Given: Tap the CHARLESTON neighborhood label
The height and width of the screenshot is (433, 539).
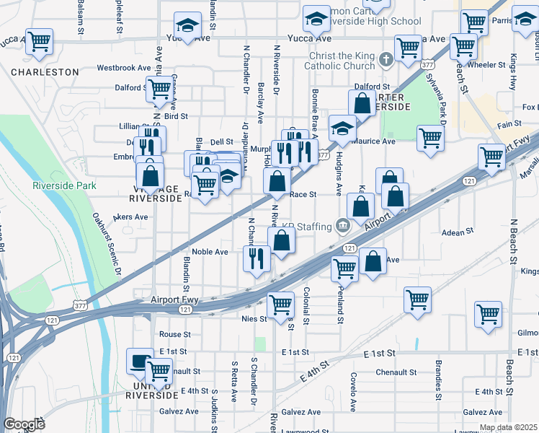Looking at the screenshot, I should (45, 72).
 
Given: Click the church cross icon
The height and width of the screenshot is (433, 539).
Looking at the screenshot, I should (387, 57).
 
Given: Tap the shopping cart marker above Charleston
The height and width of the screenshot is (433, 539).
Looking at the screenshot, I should (39, 41).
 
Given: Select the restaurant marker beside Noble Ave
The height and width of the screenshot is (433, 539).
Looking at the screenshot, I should (256, 258).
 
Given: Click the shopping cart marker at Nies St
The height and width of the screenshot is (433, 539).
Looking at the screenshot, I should (280, 304).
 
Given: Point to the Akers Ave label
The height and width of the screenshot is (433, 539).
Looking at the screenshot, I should (130, 216).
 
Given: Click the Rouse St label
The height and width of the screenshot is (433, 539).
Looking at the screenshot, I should (174, 334).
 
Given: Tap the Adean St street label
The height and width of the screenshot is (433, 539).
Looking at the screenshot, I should (456, 232).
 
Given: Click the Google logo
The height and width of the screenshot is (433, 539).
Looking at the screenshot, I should (24, 424).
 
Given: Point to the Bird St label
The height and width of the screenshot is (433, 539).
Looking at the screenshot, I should (176, 115).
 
